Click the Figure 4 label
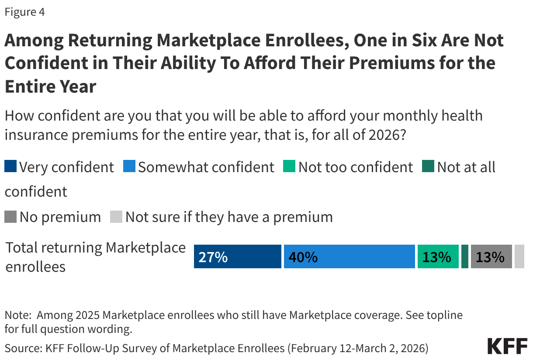24,12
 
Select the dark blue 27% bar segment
237,256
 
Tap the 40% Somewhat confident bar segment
349,256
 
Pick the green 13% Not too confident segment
438,256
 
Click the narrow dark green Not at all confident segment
465,256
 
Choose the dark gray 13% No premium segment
491,256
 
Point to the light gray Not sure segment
519,256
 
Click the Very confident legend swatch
10,167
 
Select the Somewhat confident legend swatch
129,167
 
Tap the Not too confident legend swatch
290,167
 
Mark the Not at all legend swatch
428,167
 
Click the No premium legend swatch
10,217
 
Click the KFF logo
507,346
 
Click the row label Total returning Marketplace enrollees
95,256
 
